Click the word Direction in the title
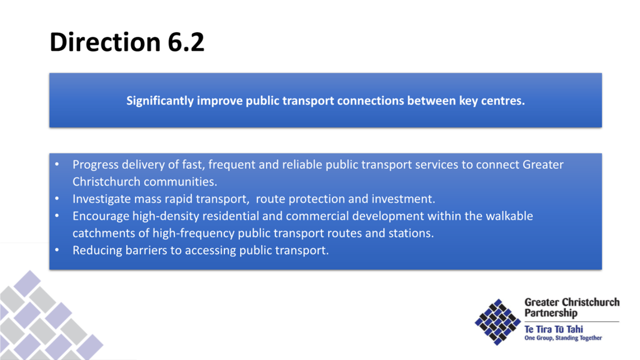(105, 42)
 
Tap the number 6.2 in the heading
(186, 42)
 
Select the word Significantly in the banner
(160, 101)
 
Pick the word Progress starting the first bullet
(95, 165)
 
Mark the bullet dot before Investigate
(57, 198)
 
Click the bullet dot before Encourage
(57, 215)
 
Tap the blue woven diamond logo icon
(498, 322)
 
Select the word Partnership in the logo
(551, 313)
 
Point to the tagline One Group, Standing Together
(563, 338)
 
